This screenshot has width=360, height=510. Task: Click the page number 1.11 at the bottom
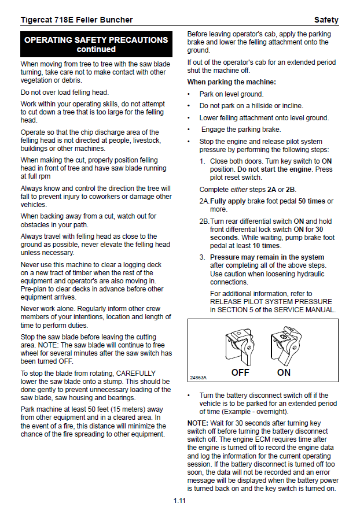(179, 500)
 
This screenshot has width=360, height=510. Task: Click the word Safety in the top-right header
(326, 20)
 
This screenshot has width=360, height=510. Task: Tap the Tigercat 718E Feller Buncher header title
(76, 20)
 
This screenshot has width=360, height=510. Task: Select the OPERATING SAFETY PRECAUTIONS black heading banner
(96, 45)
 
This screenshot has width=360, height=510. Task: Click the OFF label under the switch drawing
(240, 372)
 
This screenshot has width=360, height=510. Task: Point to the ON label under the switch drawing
(284, 372)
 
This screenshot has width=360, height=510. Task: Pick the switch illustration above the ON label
(284, 346)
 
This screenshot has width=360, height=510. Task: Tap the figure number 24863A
(199, 378)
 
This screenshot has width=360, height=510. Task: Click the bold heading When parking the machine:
(232, 82)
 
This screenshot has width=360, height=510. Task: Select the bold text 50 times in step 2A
(313, 201)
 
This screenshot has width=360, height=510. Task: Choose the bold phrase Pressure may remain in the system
(267, 257)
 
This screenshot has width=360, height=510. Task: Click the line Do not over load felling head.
(65, 93)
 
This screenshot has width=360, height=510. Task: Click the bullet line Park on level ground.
(232, 94)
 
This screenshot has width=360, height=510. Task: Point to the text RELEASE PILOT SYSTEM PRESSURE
(271, 302)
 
